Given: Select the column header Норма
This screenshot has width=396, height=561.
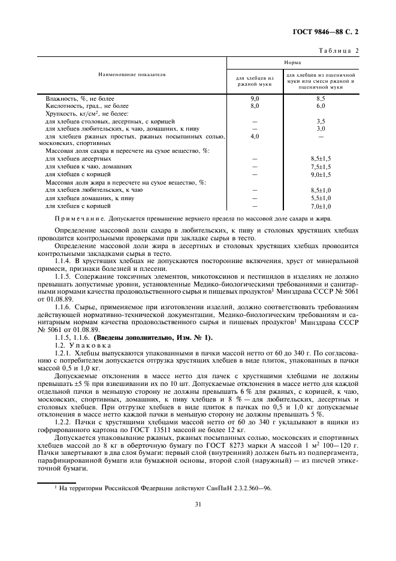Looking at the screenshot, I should point(292,62).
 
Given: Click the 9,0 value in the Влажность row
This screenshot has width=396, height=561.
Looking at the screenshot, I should point(255,98).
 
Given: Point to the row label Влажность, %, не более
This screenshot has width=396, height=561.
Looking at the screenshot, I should point(80,98).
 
